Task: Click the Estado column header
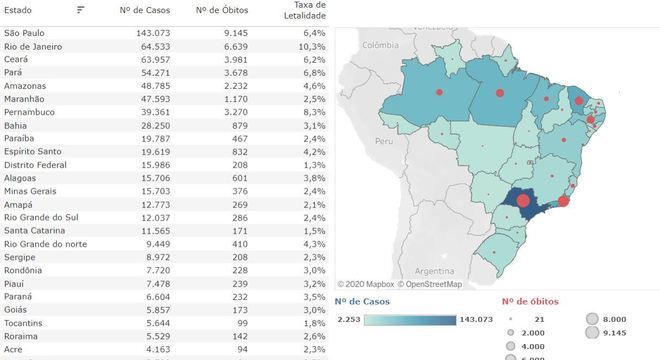point(18,10)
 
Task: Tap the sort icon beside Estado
point(80,10)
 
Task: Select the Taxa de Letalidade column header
point(305,11)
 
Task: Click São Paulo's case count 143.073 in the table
point(153,33)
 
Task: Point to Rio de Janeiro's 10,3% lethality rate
point(312,46)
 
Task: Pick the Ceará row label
point(16,59)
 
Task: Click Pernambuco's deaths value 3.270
point(236,112)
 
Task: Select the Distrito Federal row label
point(35,165)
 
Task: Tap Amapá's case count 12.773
point(155,205)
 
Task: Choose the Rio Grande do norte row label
point(45,244)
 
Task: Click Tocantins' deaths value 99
point(242,323)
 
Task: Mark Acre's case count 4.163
point(158,349)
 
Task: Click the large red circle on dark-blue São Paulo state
point(523,200)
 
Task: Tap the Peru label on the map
point(384,141)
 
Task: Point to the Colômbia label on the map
point(381,45)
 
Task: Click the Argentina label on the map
point(434,271)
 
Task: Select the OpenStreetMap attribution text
point(430,284)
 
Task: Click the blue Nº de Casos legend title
point(362,301)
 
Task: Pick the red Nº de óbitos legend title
point(530,301)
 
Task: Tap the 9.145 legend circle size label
point(615,333)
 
